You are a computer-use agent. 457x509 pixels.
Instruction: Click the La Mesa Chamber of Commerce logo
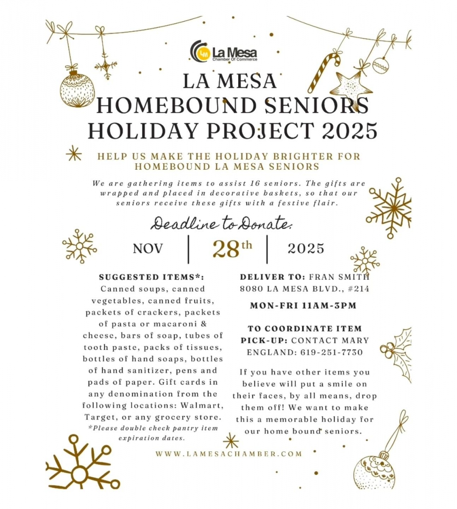[223, 51]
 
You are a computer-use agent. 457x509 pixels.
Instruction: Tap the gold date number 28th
[231, 249]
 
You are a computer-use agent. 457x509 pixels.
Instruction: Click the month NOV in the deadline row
[148, 249]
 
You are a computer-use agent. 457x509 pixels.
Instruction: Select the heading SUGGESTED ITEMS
[151, 277]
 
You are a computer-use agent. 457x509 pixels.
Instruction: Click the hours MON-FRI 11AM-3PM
[303, 305]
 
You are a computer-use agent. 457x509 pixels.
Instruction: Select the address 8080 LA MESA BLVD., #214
[304, 289]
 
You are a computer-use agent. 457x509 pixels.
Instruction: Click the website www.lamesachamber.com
[228, 454]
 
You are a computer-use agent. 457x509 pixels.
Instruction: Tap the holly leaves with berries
[397, 349]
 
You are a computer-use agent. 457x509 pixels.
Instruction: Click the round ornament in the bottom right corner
[374, 471]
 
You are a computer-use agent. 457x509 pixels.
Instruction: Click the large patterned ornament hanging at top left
[77, 89]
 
